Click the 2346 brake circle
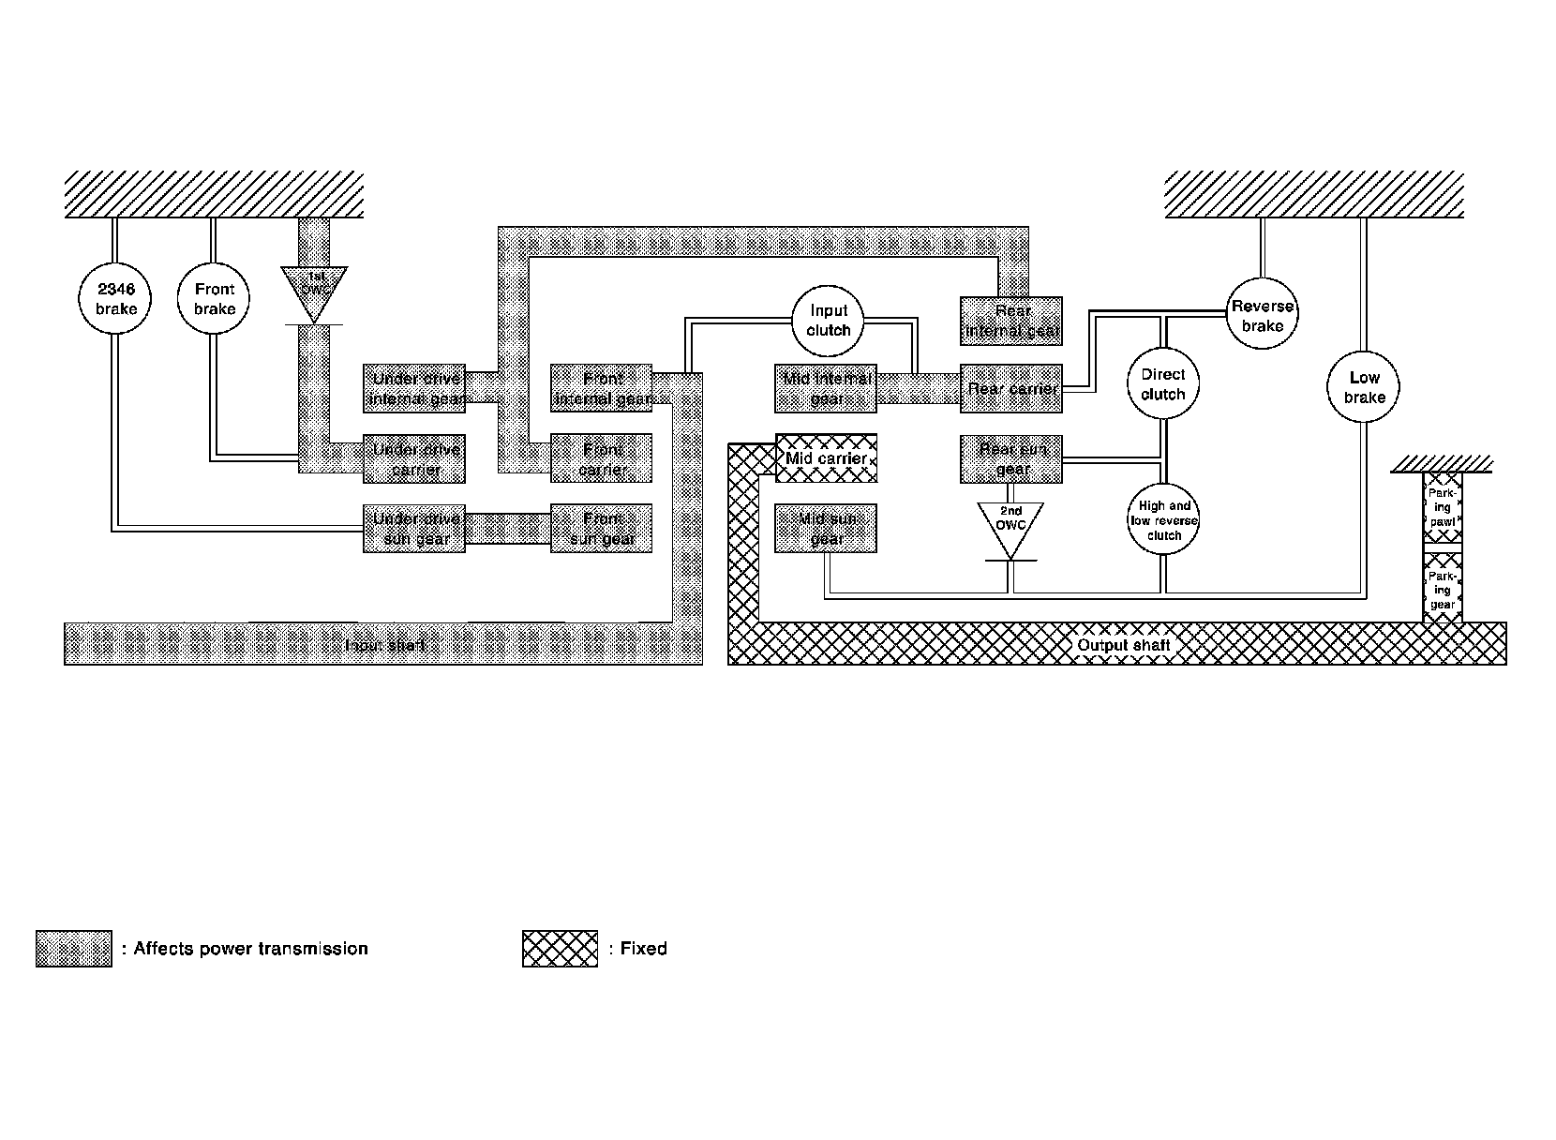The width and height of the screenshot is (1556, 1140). click(115, 299)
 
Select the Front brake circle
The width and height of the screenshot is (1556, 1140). click(215, 299)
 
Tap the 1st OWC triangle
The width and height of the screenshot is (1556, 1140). click(314, 289)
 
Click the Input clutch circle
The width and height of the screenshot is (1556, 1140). click(829, 320)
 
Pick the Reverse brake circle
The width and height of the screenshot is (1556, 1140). click(1263, 315)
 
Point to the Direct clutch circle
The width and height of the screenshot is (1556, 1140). click(1163, 384)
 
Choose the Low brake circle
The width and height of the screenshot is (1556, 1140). click(1364, 386)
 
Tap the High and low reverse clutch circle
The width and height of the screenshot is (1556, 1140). click(1164, 520)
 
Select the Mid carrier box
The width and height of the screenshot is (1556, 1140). click(826, 458)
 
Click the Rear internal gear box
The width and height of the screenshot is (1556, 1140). click(1011, 321)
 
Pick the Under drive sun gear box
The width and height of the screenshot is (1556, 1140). click(414, 529)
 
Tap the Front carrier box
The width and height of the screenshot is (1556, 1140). click(601, 458)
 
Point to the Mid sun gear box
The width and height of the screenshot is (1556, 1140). click(826, 529)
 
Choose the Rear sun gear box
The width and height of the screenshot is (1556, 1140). click(1011, 458)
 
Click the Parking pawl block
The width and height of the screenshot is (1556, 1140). click(1442, 507)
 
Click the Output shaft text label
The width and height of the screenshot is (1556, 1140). click(1123, 645)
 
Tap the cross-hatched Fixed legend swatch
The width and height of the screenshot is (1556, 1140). click(560, 949)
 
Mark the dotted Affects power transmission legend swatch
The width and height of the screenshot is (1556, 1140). click(74, 949)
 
